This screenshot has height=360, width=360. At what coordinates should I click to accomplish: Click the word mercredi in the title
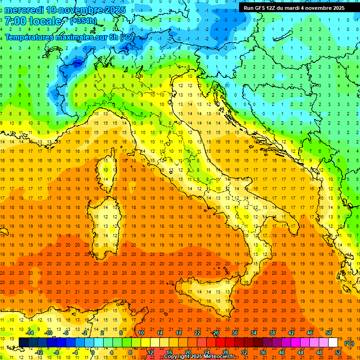click(x=25, y=10)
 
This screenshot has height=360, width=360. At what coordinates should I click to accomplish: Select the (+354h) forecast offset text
click(x=83, y=21)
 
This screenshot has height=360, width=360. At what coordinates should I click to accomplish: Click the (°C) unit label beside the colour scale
click(x=349, y=343)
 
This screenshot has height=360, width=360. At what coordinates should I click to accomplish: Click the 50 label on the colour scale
click(x=329, y=333)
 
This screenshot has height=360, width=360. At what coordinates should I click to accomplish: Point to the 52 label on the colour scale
click(x=338, y=352)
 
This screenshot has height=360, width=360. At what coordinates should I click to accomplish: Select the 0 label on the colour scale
click(x=92, y=352)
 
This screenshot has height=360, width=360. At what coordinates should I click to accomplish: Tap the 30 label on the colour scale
click(x=235, y=333)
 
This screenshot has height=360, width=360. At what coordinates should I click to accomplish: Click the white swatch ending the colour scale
click(x=333, y=342)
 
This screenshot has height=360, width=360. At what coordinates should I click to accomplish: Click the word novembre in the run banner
click(x=323, y=8)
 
